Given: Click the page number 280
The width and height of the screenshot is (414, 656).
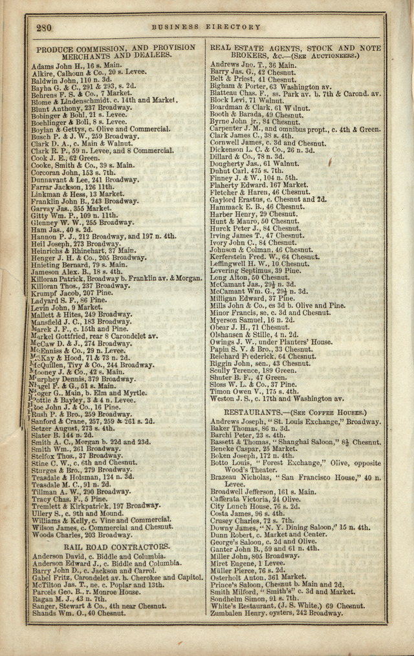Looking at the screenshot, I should (x=44, y=27).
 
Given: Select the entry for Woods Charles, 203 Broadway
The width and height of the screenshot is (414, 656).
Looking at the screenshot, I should (x=82, y=535).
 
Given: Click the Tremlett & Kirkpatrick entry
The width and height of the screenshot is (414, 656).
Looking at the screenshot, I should (x=95, y=505).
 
